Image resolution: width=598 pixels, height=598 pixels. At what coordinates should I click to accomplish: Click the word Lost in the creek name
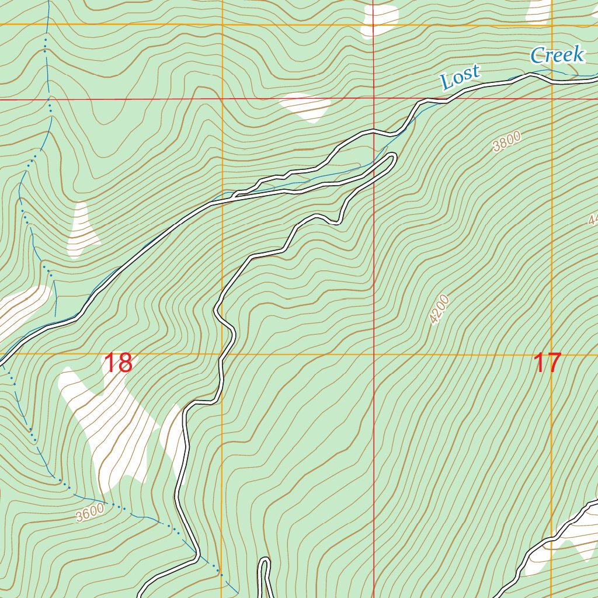pos(460,77)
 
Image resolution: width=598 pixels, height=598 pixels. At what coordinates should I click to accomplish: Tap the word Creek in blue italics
pos(557,55)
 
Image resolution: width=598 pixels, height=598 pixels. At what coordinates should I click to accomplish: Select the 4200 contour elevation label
pos(439,310)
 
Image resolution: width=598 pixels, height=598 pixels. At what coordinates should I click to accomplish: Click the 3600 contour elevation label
pos(89,513)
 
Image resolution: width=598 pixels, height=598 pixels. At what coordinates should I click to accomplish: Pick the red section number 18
pos(118,363)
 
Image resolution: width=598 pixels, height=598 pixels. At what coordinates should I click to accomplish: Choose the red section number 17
pos(547,363)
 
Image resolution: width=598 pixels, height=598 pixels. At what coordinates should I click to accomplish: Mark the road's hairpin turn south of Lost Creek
pos(392,158)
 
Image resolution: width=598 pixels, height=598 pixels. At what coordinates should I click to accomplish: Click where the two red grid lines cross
pos(374,99)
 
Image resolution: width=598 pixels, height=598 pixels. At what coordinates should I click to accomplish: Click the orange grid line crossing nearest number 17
pos(552,354)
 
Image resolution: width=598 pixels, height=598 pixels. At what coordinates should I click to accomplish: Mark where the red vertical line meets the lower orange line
pos(374,354)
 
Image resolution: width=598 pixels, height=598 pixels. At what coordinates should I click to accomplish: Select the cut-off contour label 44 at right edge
pos(593,220)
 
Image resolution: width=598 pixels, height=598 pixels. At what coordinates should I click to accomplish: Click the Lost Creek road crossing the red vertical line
pos(374,131)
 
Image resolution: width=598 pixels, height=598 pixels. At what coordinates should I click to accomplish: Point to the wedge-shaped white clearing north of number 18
pos(82,231)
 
